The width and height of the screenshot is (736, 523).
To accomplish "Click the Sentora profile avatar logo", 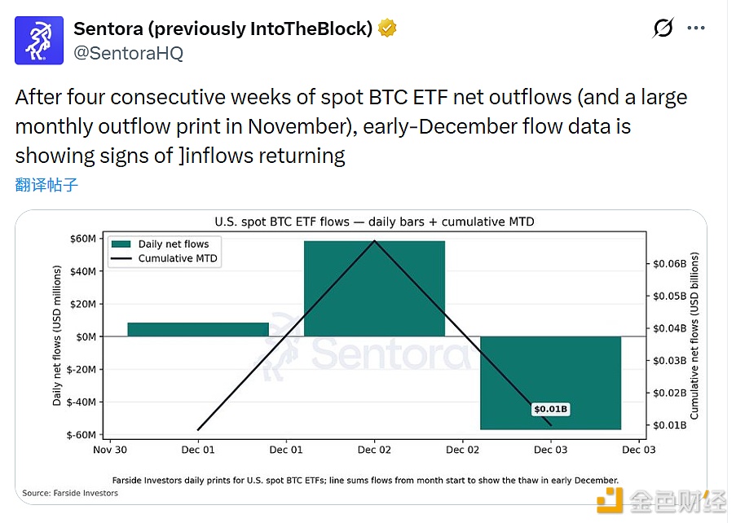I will (x=39, y=40).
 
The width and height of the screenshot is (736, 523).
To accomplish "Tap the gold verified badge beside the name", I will (x=389, y=29).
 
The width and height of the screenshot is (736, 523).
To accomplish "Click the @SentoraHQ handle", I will (x=128, y=54).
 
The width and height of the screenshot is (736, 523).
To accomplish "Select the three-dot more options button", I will (x=695, y=29).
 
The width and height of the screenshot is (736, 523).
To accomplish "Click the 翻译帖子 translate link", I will (x=46, y=184).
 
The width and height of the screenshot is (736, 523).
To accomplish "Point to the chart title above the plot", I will (x=374, y=222).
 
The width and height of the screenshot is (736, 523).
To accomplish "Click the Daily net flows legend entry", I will (x=173, y=244).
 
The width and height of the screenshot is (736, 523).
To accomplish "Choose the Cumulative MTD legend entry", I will (x=178, y=259).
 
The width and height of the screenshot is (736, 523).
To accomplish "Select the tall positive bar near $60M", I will (x=374, y=288).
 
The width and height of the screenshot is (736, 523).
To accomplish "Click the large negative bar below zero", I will (x=550, y=382).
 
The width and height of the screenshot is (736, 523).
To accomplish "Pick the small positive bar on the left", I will (x=198, y=329).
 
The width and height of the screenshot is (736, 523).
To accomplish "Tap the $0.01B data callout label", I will (x=550, y=409).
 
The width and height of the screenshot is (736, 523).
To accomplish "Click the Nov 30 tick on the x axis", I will (x=109, y=450).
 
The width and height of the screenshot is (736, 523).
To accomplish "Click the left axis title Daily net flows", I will (x=57, y=336).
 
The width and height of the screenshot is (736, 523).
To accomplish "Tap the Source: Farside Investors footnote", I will (x=69, y=494).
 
